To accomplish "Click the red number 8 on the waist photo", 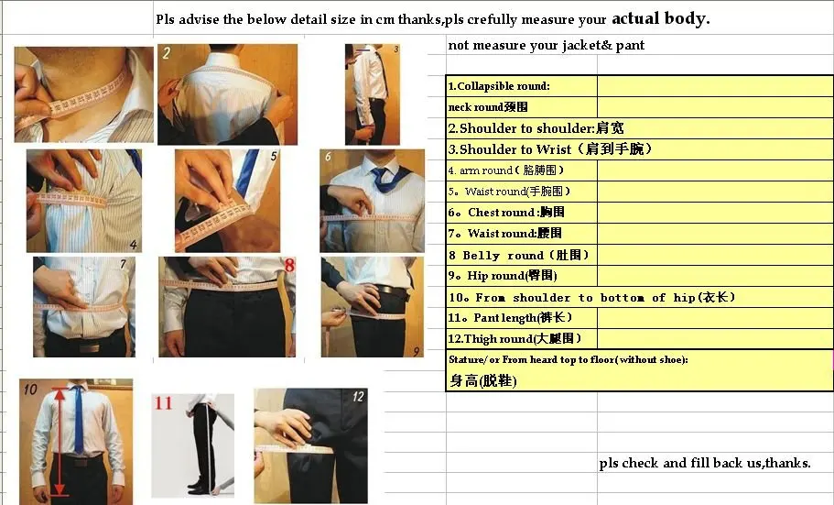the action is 289,265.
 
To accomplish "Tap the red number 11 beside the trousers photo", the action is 163,402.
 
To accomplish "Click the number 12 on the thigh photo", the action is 358,396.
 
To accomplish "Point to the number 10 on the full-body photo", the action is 30,390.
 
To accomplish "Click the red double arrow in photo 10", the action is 60,441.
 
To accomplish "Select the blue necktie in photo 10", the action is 78,420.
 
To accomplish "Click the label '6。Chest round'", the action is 506,212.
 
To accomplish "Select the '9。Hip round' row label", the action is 503,275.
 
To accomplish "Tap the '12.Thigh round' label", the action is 514,338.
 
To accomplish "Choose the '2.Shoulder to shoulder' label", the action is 536,127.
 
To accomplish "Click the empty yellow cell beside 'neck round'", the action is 715,107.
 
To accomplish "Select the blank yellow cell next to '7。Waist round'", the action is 715,234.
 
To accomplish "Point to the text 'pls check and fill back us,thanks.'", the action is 705,463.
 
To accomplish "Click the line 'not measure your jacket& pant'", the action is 547,45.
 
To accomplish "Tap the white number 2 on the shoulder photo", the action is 167,53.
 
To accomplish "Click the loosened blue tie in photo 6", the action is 388,179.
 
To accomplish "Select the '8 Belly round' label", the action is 518,255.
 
